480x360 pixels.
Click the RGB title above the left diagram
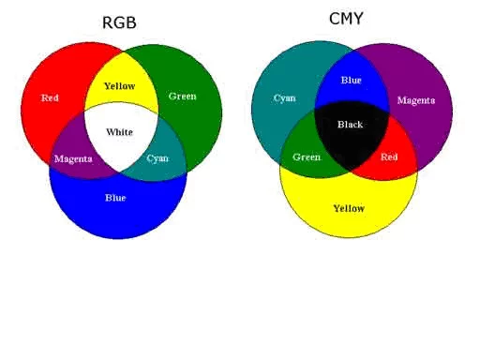click(119, 22)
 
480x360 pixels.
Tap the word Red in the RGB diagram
click(51, 97)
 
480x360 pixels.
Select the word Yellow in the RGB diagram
click(119, 86)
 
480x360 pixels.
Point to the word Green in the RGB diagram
click(182, 96)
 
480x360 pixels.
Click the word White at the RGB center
click(119, 132)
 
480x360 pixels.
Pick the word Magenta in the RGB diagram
click(73, 158)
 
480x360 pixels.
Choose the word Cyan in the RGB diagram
click(157, 158)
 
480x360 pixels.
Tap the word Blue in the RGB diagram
click(115, 198)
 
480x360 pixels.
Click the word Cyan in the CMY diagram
click(284, 97)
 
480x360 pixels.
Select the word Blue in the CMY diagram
click(351, 81)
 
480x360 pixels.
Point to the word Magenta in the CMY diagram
click(415, 100)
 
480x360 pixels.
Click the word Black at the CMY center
click(350, 125)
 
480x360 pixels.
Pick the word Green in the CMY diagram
click(307, 157)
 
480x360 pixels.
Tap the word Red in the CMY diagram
click(389, 157)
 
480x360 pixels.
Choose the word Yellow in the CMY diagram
click(349, 208)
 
